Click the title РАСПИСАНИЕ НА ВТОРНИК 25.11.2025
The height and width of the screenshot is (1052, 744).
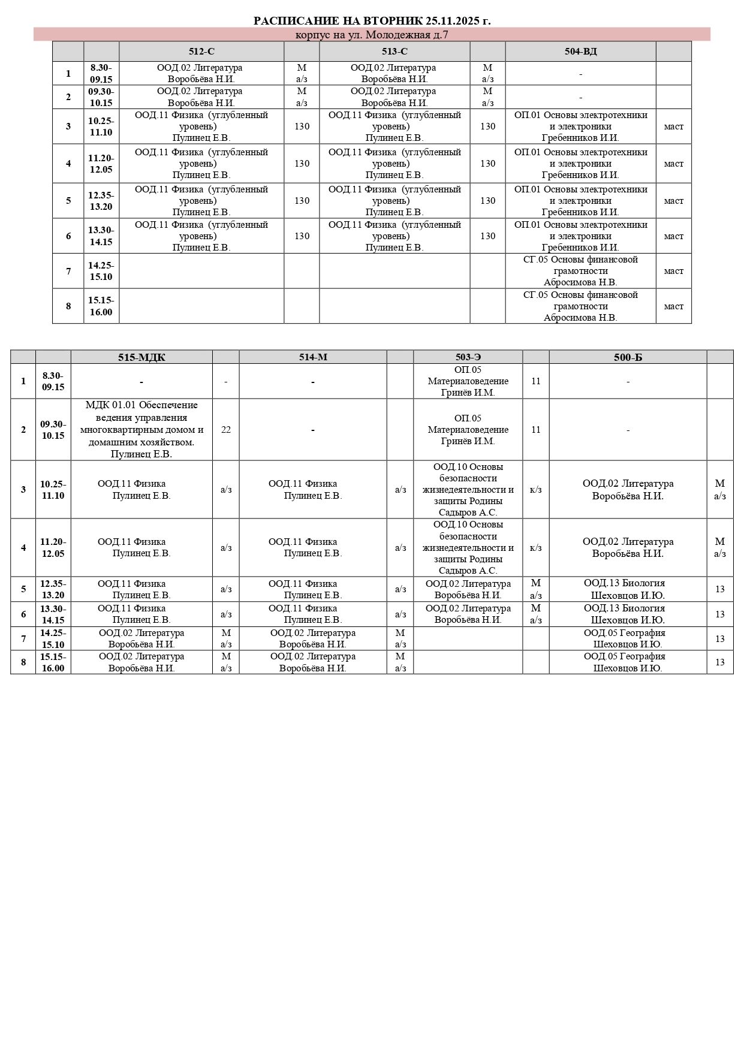point(372,21)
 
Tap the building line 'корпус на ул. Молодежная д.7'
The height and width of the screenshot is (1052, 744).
point(372,35)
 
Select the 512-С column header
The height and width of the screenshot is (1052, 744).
point(201,52)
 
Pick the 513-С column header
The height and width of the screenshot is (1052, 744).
point(394,52)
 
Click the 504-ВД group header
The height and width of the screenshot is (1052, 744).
point(580,52)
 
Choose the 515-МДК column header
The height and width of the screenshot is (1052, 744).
point(141,357)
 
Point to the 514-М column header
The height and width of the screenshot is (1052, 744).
point(313,357)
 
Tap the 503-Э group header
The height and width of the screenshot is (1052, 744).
point(468,357)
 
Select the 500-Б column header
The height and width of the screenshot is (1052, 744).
point(628,357)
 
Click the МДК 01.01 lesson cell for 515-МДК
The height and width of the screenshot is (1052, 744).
point(141,430)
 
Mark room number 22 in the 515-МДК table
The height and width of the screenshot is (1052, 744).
point(226,430)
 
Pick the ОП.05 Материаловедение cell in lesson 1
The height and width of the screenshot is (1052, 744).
point(468,381)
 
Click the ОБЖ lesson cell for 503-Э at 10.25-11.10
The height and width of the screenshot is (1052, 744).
point(468,490)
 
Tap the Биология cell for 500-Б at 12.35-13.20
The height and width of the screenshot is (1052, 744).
point(628,589)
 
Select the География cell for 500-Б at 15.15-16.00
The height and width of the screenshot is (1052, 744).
point(628,662)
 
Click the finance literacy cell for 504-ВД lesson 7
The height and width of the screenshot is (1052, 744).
point(580,271)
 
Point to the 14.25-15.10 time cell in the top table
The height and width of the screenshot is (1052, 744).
point(101,271)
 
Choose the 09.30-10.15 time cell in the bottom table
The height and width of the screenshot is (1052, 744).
point(53,430)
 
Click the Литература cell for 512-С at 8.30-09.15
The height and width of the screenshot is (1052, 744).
point(201,74)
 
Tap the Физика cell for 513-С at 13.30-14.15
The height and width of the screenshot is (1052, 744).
point(394,236)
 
